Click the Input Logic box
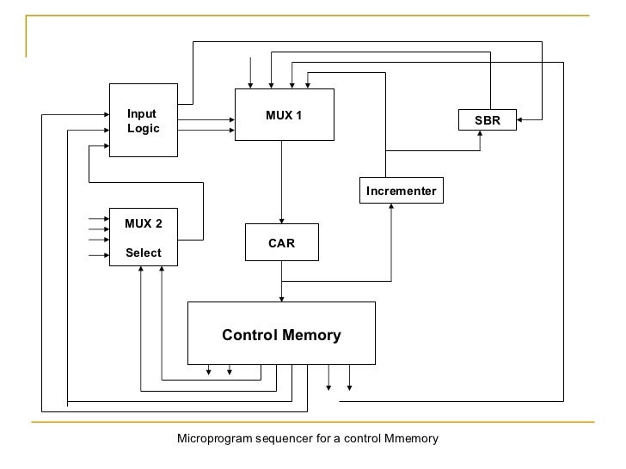click(x=143, y=120)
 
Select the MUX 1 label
click(x=284, y=116)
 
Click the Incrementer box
click(x=401, y=190)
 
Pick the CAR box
click(x=281, y=243)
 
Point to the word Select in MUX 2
click(x=144, y=253)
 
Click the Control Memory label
click(x=281, y=335)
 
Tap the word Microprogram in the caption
click(x=212, y=439)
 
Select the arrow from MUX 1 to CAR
click(x=282, y=180)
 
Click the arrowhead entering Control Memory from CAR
click(x=282, y=297)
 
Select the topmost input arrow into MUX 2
click(x=98, y=219)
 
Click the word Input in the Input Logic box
click(x=142, y=113)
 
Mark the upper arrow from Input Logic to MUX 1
click(x=206, y=121)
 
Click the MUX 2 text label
click(x=144, y=224)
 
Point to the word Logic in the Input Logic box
click(x=144, y=128)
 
